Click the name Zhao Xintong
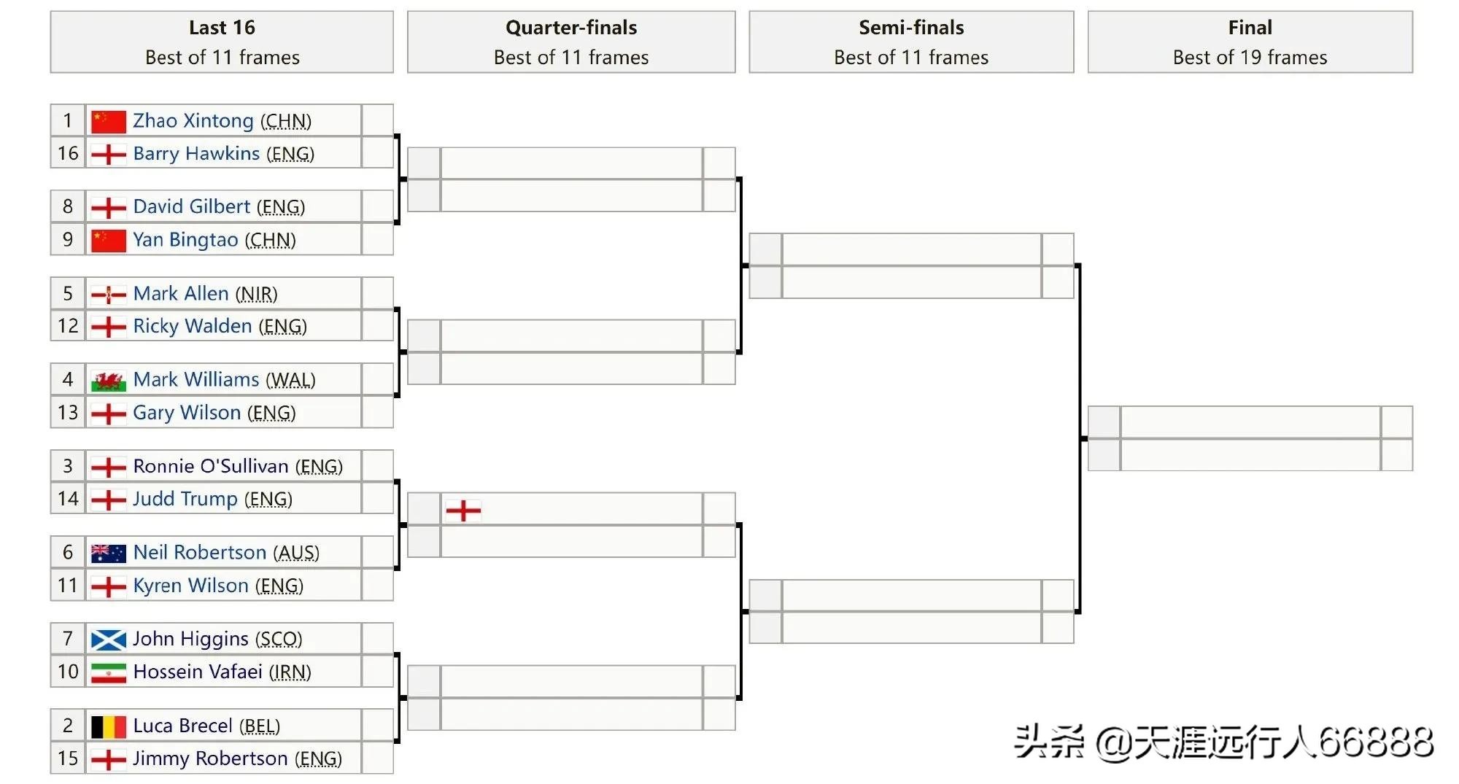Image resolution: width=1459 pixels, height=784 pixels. [x=193, y=120]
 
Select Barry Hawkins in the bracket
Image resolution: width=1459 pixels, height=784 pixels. [x=196, y=153]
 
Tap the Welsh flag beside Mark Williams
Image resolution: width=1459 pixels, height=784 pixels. [x=108, y=381]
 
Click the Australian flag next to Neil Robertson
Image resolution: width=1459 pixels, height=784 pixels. [x=108, y=554]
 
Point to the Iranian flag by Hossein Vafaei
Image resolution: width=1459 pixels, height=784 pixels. [x=108, y=672]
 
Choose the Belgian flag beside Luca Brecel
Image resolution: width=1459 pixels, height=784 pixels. [x=108, y=726]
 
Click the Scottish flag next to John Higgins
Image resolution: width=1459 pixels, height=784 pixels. [x=108, y=640]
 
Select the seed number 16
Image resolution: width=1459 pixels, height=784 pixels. [x=68, y=153]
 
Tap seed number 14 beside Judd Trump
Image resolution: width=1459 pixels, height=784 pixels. [x=68, y=499]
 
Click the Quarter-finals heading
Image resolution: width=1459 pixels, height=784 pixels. [x=570, y=28]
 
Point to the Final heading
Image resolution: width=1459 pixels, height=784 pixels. [x=1250, y=28]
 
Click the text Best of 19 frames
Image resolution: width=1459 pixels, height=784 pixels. [x=1250, y=58]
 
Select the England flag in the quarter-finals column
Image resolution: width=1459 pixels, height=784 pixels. [x=463, y=510]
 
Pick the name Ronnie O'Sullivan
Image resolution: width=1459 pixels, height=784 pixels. [x=211, y=466]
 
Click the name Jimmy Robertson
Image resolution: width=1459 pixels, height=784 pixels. [x=211, y=758]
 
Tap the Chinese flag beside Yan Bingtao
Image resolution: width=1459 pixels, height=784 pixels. [x=108, y=240]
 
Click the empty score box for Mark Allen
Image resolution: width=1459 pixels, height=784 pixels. [x=377, y=293]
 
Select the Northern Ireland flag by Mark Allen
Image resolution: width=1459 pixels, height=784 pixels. [x=108, y=295]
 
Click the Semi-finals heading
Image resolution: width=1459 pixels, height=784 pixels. [x=911, y=28]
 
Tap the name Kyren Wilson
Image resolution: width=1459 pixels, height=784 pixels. [x=190, y=586]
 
